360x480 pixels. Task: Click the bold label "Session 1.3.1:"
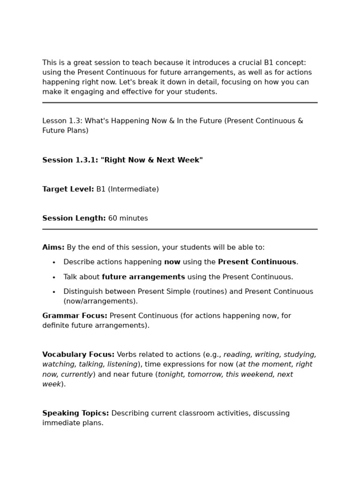[x=70, y=160]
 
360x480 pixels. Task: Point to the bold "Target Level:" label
[x=68, y=189]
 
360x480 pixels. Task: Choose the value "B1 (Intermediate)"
[x=127, y=189]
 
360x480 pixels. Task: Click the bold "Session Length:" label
[x=74, y=218]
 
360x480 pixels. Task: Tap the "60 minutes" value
[x=128, y=218]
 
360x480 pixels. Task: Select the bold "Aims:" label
[x=53, y=247]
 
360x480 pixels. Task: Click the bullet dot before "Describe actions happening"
[x=54, y=262]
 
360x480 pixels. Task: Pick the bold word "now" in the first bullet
[x=172, y=262]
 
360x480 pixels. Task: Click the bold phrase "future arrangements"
[x=143, y=277]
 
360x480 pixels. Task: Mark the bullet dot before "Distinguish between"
[x=54, y=292]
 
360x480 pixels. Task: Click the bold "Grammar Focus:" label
[x=75, y=316]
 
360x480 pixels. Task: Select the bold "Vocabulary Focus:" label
[x=78, y=355]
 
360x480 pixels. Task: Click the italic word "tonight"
[x=171, y=375]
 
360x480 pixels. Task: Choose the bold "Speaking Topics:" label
[x=75, y=413]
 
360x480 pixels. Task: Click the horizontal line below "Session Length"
[x=180, y=229]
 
